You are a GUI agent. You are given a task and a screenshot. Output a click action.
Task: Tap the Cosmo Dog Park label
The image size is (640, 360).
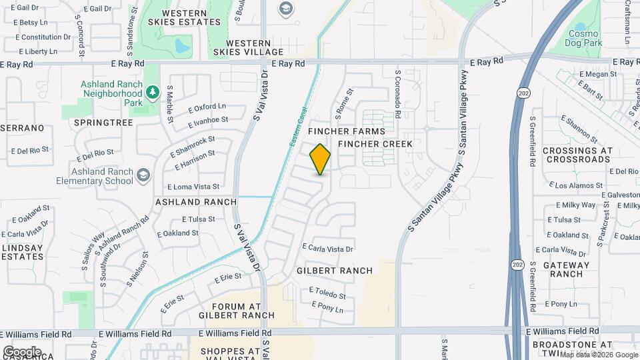(585, 39)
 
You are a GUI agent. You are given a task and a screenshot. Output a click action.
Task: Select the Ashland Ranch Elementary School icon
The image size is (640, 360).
(143, 175)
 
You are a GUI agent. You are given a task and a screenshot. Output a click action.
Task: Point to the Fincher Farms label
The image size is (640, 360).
(356, 131)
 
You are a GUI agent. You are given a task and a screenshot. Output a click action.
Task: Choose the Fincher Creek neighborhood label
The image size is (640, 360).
(375, 144)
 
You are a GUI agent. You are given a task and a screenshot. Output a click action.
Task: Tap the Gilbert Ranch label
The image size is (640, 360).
(334, 271)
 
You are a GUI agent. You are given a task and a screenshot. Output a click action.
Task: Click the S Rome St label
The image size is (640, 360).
(344, 99)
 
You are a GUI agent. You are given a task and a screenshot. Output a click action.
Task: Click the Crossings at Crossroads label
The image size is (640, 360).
(577, 155)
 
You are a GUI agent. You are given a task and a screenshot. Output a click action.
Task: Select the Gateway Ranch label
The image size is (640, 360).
(567, 269)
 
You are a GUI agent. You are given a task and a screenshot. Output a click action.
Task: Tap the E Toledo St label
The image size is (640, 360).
(327, 295)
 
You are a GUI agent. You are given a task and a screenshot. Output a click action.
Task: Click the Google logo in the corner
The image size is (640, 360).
(21, 351)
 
